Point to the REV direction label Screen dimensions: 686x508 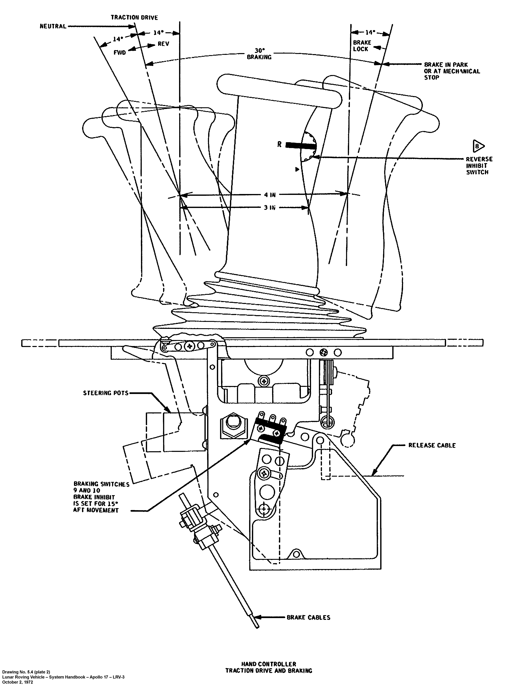(163, 44)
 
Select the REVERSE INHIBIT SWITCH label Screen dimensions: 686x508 (479, 166)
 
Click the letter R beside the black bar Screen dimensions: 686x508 (279, 144)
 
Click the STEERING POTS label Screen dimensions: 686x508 (105, 393)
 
